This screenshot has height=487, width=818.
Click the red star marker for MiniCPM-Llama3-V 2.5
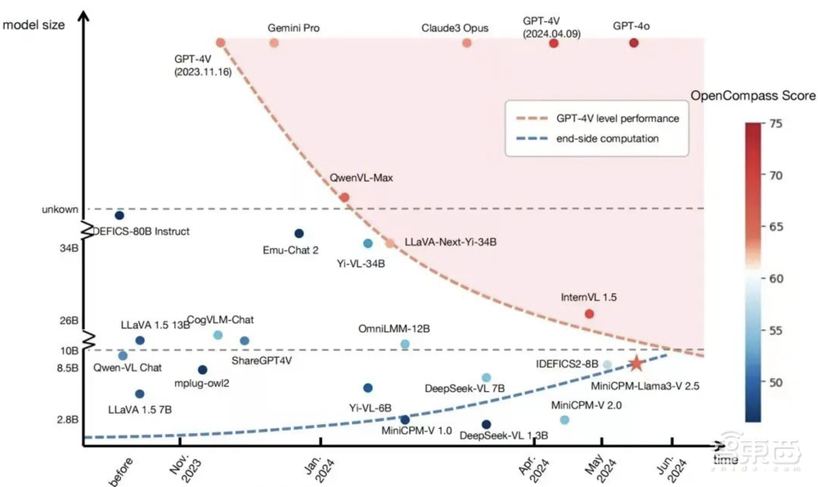click(x=636, y=363)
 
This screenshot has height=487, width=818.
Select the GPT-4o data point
click(x=634, y=43)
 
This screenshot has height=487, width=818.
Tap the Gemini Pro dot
click(x=274, y=43)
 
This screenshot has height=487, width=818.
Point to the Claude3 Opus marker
click(x=467, y=43)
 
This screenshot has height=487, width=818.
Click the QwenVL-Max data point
click(x=344, y=197)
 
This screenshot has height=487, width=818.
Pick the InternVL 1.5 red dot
click(x=590, y=313)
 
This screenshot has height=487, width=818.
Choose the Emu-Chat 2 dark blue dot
click(x=299, y=234)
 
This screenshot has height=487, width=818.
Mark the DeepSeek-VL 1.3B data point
click(x=487, y=424)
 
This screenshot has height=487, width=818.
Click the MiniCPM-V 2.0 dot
click(x=564, y=420)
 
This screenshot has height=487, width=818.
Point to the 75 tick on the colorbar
click(x=776, y=124)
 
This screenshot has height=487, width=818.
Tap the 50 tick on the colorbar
click(x=776, y=382)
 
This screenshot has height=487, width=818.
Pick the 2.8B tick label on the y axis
click(x=67, y=420)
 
